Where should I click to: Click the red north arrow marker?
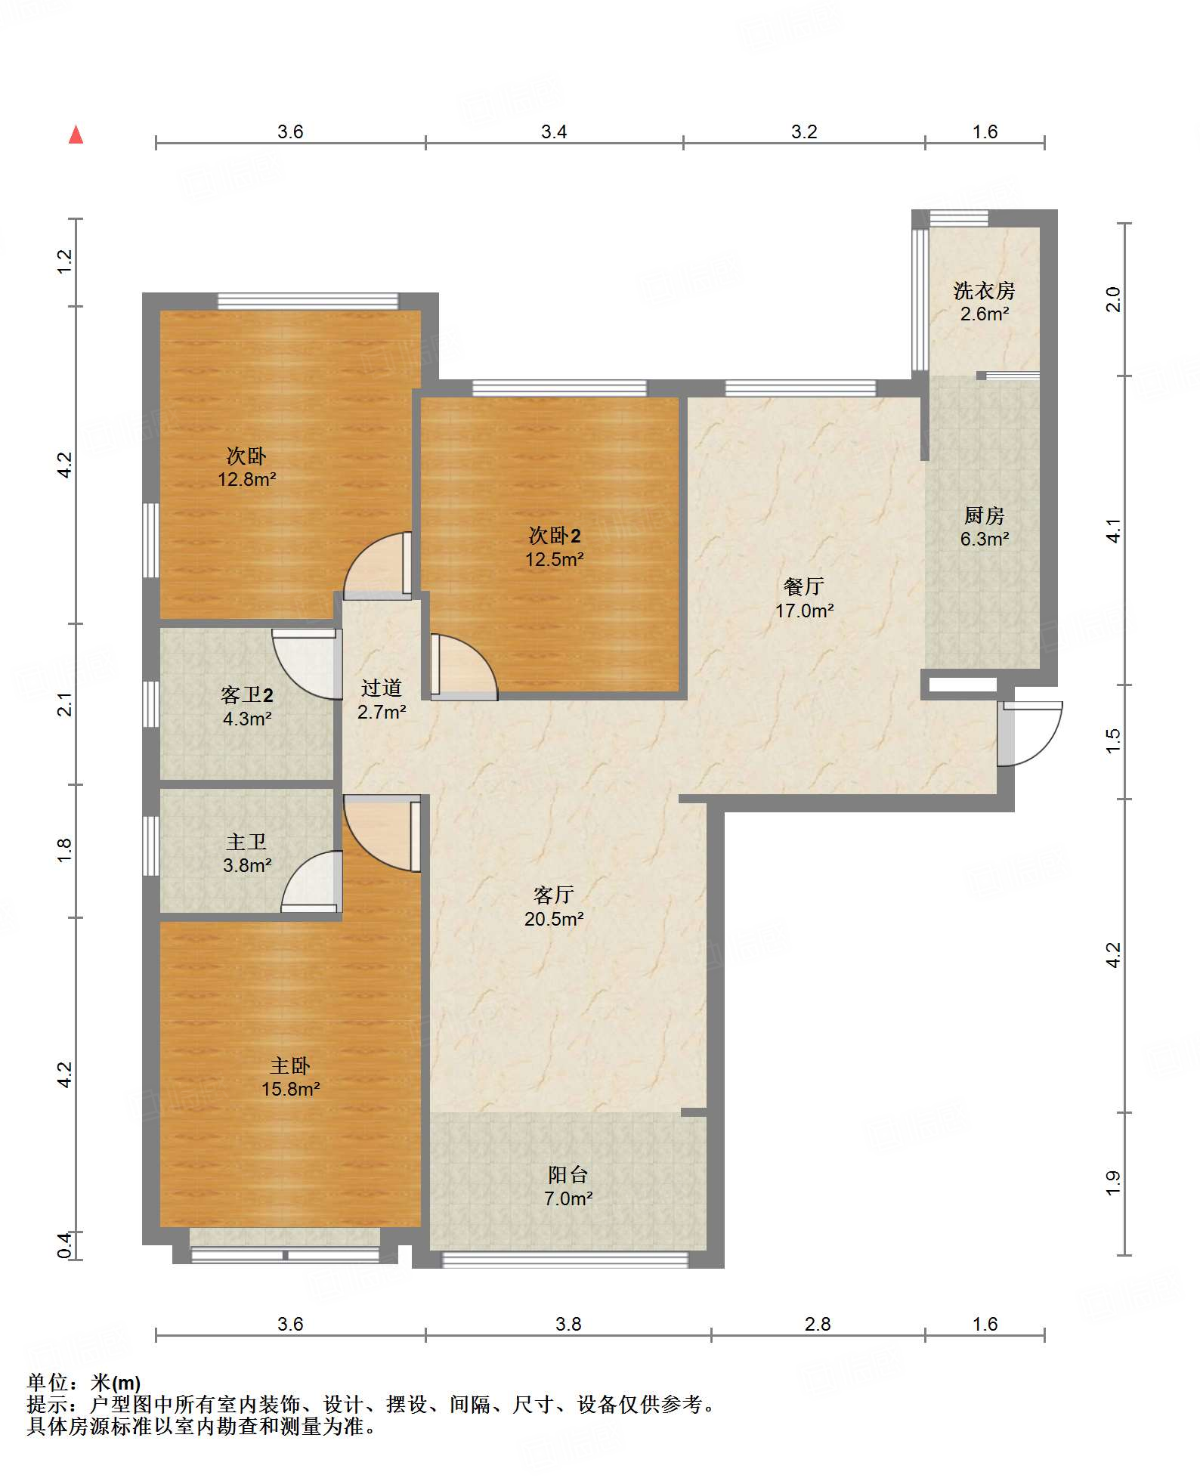[x=76, y=135]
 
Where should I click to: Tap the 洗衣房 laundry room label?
[x=984, y=290]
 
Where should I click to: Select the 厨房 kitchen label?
[x=984, y=515]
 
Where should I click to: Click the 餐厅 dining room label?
[x=803, y=586]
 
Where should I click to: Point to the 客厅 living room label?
[x=553, y=895]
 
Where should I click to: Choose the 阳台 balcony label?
[x=568, y=1174]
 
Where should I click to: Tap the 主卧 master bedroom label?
[x=290, y=1065]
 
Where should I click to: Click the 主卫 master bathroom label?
[x=246, y=842]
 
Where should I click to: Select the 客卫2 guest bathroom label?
[x=246, y=694]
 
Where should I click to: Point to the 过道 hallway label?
[x=381, y=688]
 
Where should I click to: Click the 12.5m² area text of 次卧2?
[x=554, y=559]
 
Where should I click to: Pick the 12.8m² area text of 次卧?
[x=246, y=479]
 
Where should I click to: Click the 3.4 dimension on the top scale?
[x=554, y=132]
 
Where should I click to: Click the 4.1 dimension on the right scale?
[x=1113, y=530]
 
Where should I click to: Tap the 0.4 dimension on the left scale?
[x=65, y=1245]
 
